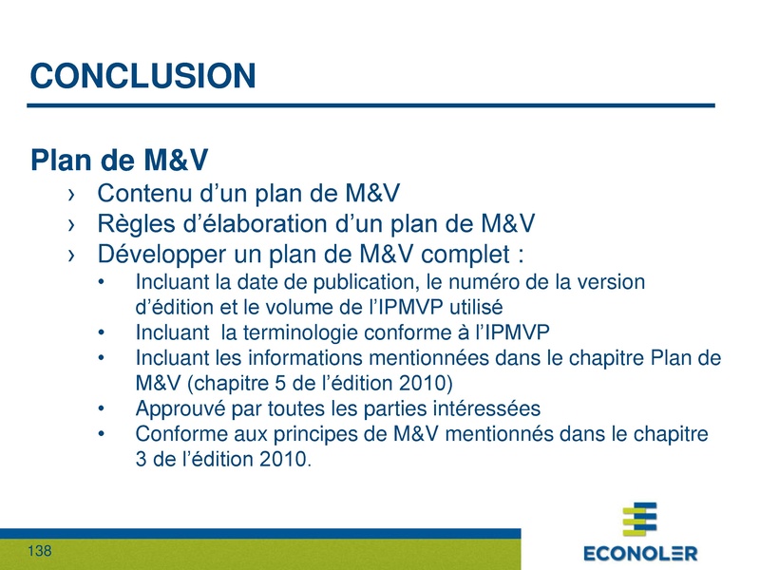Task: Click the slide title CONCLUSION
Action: (x=142, y=76)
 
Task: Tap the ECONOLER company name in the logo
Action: (x=639, y=553)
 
